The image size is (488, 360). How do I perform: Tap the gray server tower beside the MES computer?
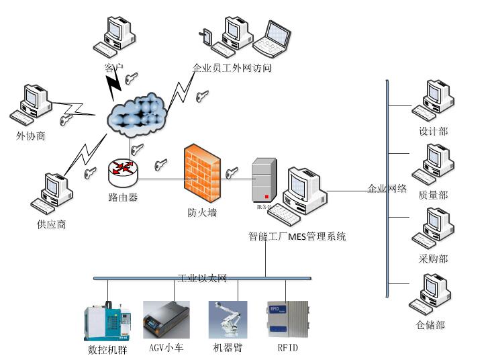coord(263,183)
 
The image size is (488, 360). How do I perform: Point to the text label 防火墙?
coord(201,213)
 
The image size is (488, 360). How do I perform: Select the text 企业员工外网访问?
coord(232,68)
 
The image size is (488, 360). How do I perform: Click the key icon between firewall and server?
coord(233,173)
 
